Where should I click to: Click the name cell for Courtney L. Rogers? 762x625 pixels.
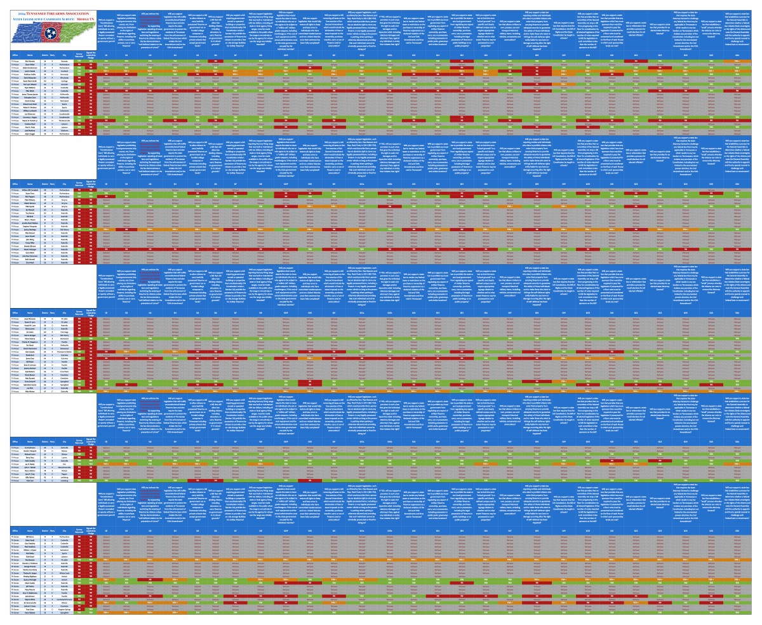click(x=30, y=118)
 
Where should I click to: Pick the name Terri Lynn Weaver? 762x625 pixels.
click(x=30, y=84)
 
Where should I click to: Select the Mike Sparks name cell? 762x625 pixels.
click(x=30, y=206)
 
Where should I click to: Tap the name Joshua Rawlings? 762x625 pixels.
click(x=30, y=230)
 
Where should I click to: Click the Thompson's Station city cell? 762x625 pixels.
click(x=64, y=352)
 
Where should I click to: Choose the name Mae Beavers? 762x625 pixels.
click(x=30, y=560)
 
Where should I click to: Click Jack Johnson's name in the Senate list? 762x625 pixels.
click(x=30, y=596)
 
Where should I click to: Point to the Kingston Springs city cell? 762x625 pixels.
click(x=64, y=610)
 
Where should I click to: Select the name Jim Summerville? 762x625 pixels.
click(x=30, y=603)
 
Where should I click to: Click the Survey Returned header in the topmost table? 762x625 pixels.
click(x=79, y=55)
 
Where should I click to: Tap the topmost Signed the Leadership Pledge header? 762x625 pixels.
click(x=91, y=55)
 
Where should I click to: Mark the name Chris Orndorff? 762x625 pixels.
click(x=30, y=382)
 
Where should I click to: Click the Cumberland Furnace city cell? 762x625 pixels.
click(x=64, y=600)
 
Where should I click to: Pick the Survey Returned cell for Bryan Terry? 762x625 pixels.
click(x=79, y=193)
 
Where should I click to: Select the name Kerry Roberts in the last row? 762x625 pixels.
click(x=30, y=613)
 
